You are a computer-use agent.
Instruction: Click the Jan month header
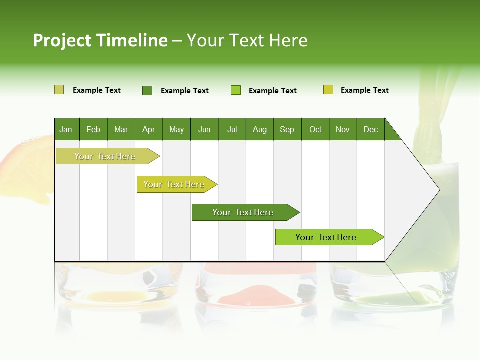pos(66,129)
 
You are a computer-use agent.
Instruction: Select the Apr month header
pos(148,129)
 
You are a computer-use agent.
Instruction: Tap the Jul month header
pos(232,129)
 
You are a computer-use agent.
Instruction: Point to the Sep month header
pos(287,129)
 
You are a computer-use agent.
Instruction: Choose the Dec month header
pos(370,129)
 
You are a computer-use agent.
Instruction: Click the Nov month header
pos(342,129)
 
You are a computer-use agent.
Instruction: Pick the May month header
pos(176,129)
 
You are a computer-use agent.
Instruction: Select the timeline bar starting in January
pos(105,156)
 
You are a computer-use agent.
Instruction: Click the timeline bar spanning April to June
pos(174,184)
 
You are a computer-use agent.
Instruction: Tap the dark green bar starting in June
pos(243,212)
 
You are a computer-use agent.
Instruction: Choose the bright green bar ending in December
pos(326,237)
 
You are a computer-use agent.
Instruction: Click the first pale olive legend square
pos(59,90)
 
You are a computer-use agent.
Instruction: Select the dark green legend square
pos(147,90)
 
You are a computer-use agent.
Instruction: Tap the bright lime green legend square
pos(236,90)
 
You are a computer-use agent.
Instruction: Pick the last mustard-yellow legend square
pos(328,90)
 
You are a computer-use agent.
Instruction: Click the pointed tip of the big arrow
pos(438,189)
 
